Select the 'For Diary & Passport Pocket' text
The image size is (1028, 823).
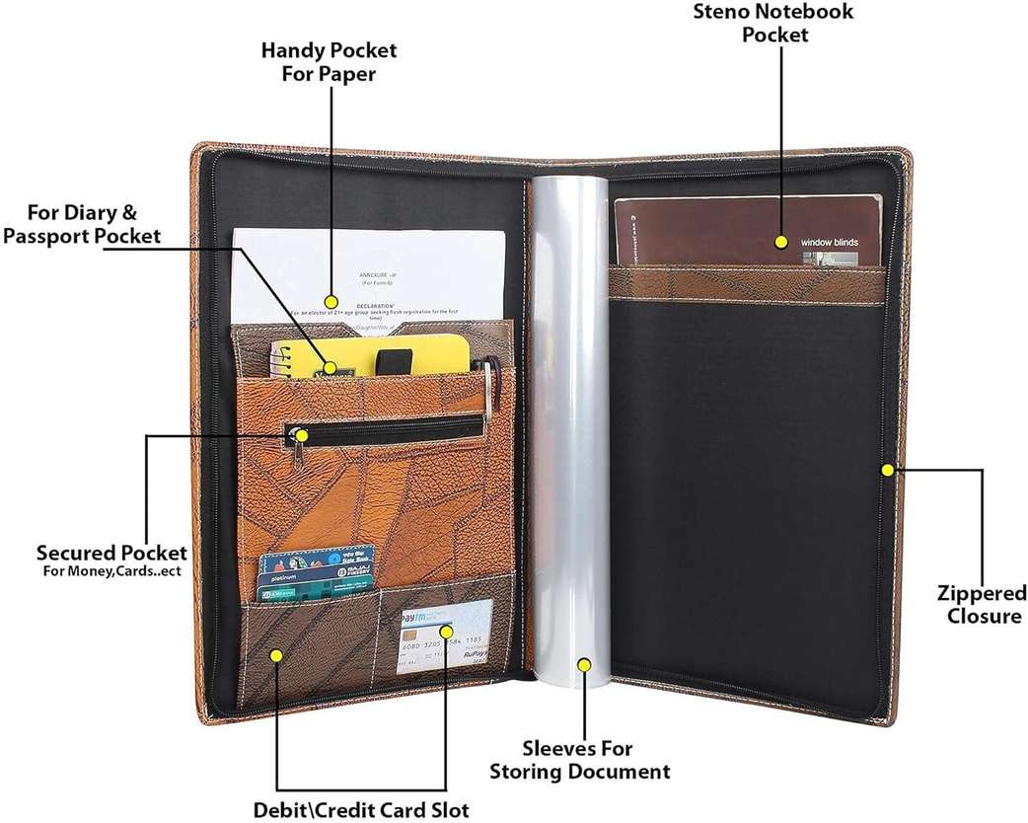coord(82,224)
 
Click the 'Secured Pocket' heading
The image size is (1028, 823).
coord(111,552)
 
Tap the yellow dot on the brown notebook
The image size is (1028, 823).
coord(780,242)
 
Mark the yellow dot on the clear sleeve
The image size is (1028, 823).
coord(583,665)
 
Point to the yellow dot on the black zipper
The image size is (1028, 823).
coord(302,433)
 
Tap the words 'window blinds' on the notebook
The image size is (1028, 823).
coord(829,242)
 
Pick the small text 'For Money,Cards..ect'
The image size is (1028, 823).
coord(111,571)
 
